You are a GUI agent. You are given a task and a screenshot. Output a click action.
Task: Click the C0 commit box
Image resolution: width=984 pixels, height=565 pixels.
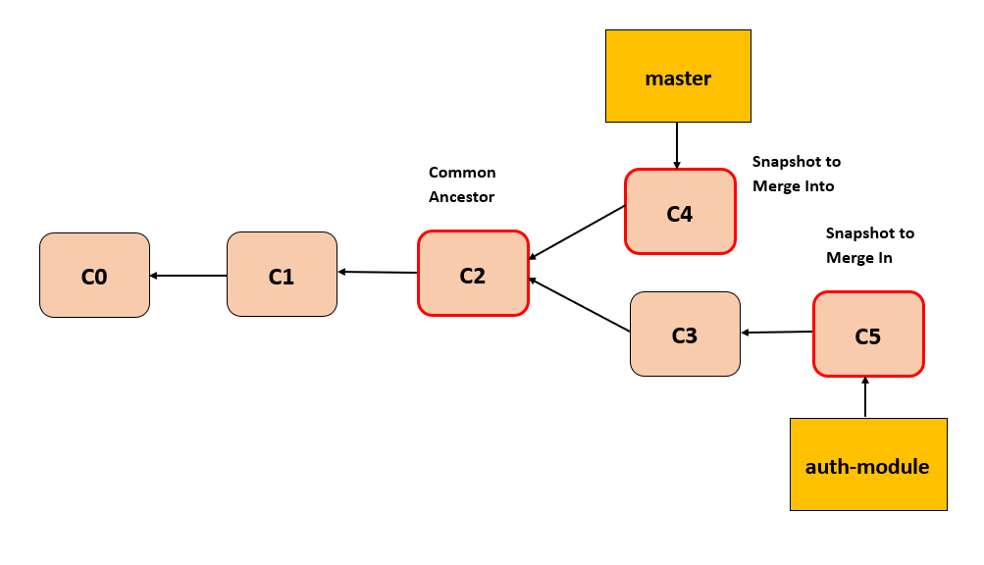point(94,276)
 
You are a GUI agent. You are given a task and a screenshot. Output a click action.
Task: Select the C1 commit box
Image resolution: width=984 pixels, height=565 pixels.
point(282,276)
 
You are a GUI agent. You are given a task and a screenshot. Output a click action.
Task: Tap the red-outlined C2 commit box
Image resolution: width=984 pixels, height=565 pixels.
point(473,274)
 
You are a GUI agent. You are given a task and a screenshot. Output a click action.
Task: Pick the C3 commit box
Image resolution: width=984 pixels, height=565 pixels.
point(685,334)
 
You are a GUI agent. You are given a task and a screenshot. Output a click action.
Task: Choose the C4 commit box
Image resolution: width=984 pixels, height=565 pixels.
point(680,212)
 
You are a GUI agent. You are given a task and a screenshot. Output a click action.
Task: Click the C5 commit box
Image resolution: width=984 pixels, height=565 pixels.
point(868,334)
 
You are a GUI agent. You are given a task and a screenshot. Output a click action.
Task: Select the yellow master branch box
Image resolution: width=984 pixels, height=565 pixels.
point(678,77)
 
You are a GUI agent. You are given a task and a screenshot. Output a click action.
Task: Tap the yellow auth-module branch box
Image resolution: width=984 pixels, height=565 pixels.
point(868,465)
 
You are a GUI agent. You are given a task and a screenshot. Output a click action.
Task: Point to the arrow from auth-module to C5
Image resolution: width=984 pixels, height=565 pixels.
point(865,397)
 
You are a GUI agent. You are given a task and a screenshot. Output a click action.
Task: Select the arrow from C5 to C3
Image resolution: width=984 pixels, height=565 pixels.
point(777,333)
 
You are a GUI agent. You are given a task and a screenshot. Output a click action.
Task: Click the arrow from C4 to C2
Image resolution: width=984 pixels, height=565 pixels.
point(577,232)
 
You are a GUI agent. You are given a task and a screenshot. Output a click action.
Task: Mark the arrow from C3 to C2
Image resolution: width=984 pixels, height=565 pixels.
point(579,304)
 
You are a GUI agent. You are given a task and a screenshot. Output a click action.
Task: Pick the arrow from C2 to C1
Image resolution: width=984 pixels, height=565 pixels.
point(378,272)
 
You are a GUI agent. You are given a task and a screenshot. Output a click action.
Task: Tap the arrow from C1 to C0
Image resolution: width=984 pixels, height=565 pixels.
point(188,276)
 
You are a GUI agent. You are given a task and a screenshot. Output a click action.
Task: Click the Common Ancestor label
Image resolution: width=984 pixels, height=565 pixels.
point(462,184)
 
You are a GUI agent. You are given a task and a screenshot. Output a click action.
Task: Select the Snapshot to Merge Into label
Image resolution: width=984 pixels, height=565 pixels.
point(796,173)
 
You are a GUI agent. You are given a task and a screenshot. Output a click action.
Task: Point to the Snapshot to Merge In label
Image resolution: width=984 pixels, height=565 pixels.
point(869,245)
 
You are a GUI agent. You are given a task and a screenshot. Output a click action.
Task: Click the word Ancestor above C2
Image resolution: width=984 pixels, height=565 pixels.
point(462,197)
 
